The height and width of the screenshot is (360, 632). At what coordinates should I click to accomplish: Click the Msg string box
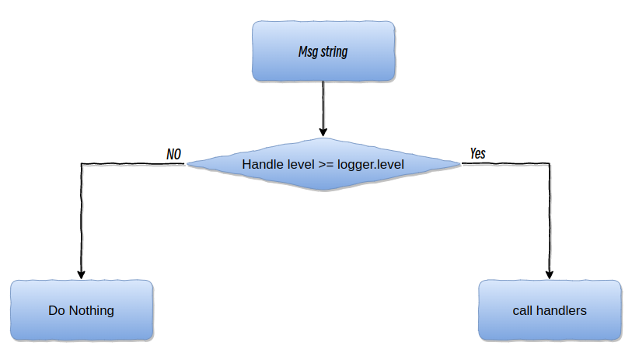tap(323, 51)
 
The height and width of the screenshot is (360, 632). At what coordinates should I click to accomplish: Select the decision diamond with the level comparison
tap(323, 164)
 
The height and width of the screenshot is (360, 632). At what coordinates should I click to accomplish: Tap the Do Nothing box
tap(82, 310)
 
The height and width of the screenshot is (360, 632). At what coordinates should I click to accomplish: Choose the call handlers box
tap(550, 310)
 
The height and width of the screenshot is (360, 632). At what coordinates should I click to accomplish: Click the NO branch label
tap(173, 154)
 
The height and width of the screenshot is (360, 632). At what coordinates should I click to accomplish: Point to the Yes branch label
tap(478, 153)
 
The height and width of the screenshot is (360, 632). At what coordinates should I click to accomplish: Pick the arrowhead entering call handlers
tap(550, 273)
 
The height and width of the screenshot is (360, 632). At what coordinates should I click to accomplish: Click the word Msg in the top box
tap(308, 53)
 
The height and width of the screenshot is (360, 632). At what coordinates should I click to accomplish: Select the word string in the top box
tap(333, 53)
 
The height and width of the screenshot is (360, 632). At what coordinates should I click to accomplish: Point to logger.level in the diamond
tap(371, 165)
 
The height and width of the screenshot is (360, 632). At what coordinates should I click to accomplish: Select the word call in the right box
tap(522, 310)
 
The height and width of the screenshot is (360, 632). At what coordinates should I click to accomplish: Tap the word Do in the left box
tap(56, 310)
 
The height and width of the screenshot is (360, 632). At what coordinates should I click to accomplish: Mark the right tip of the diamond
tap(459, 164)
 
